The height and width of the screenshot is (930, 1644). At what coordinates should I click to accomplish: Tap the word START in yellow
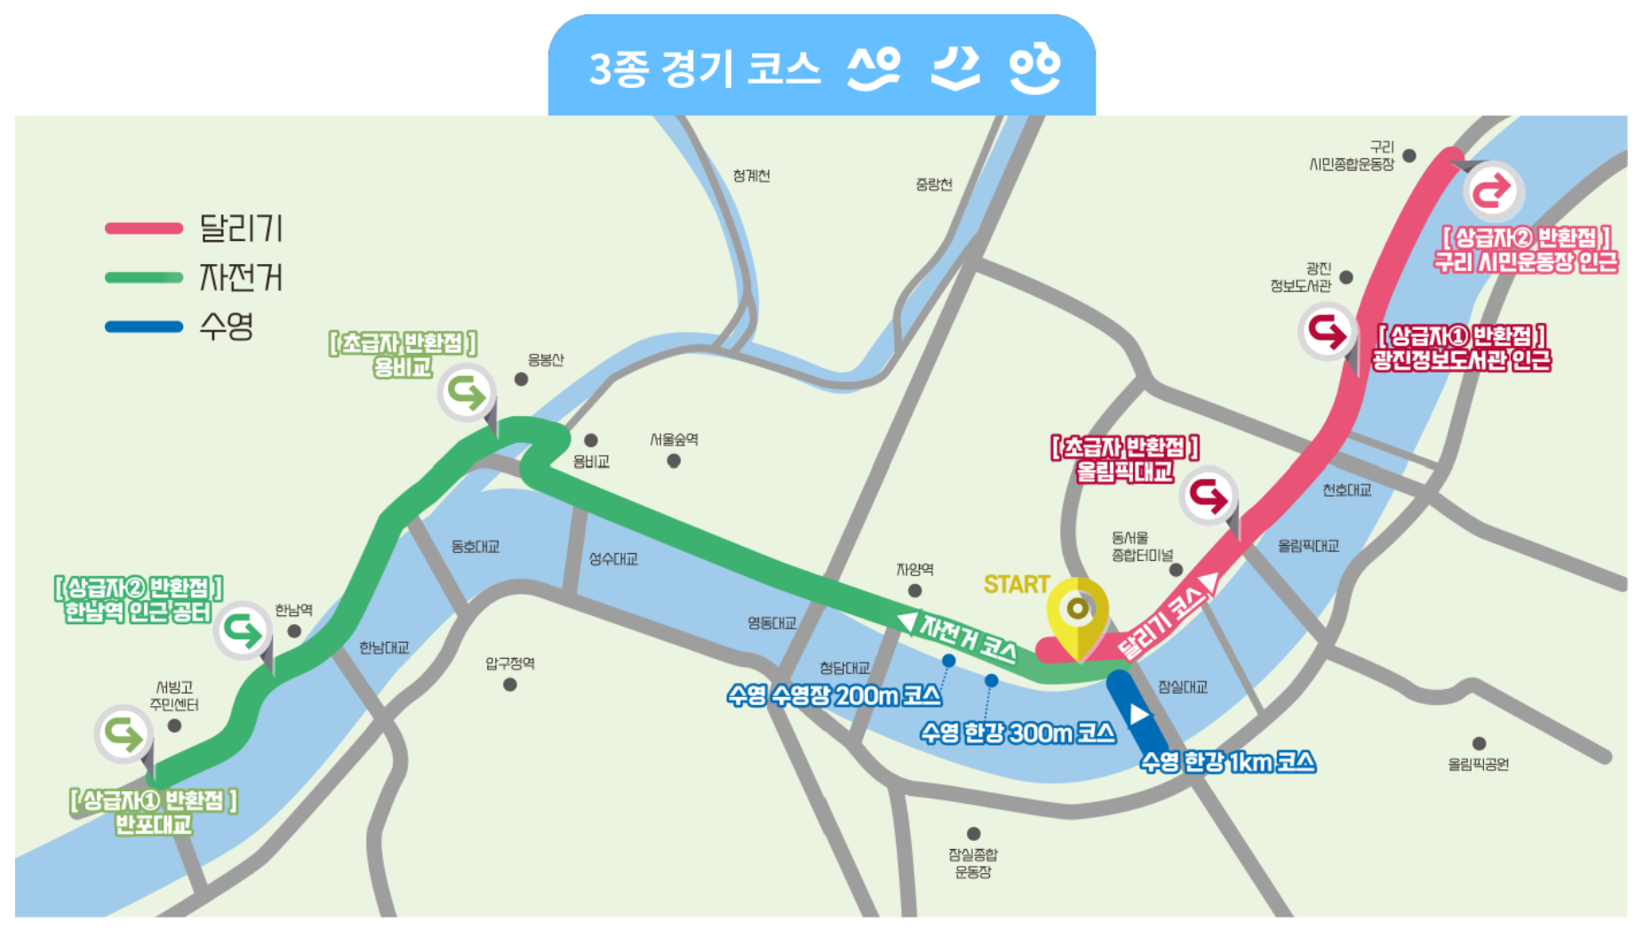click(x=1017, y=584)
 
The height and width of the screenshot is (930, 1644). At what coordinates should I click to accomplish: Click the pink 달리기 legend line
click(x=144, y=228)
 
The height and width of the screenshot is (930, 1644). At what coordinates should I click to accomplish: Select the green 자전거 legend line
click(x=144, y=277)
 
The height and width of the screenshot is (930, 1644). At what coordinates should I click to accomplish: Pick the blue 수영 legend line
click(x=144, y=326)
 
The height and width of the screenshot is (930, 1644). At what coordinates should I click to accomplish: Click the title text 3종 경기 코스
click(x=704, y=68)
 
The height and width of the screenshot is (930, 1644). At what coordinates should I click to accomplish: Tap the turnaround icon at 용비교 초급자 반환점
click(x=466, y=391)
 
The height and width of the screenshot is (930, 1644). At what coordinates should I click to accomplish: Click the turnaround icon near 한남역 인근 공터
click(x=243, y=630)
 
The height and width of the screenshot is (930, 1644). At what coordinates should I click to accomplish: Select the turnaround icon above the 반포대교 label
click(x=124, y=734)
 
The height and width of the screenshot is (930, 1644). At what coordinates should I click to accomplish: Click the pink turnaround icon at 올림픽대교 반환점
click(x=1209, y=495)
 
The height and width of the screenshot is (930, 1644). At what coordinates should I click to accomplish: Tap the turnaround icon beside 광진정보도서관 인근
click(x=1327, y=332)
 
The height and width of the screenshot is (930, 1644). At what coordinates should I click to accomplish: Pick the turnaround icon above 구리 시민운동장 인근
click(x=1492, y=191)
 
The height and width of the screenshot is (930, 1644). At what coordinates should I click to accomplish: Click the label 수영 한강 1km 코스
click(x=1227, y=762)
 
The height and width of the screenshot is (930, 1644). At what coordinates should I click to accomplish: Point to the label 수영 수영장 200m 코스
click(x=833, y=695)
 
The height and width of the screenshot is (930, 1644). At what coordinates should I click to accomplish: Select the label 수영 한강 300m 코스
click(x=1018, y=733)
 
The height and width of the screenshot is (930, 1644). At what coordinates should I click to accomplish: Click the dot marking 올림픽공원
click(x=1479, y=743)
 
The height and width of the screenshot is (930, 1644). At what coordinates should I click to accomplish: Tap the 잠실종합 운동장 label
click(x=973, y=862)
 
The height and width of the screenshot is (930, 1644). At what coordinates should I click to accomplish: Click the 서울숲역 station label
click(x=674, y=439)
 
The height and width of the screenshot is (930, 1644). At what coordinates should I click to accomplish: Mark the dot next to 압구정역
click(x=510, y=685)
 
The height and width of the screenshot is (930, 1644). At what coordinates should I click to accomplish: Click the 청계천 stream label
click(x=751, y=176)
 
